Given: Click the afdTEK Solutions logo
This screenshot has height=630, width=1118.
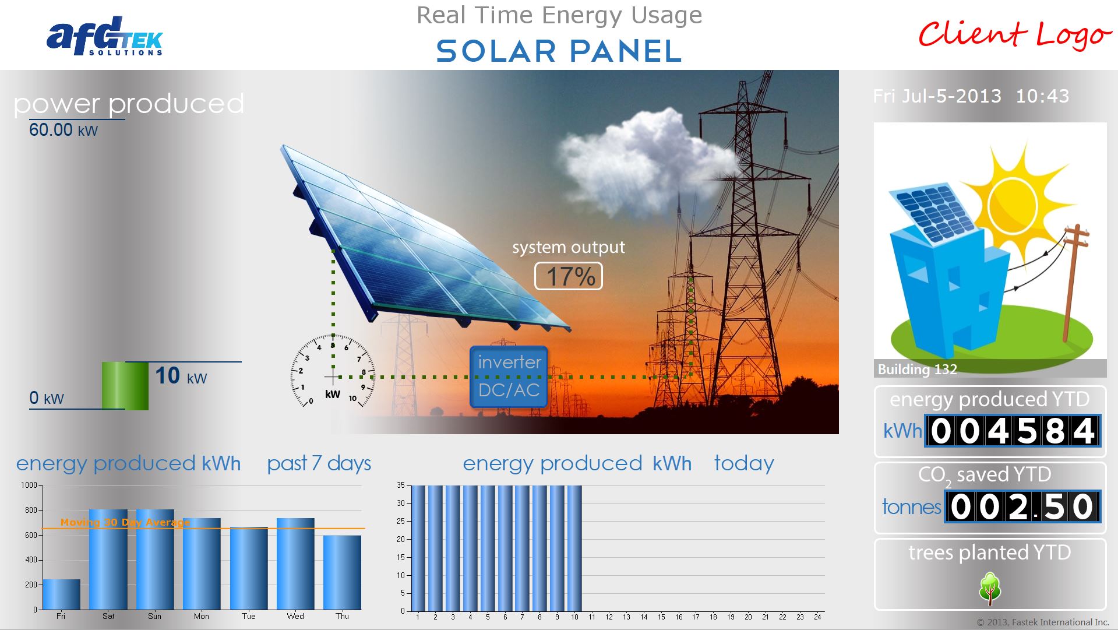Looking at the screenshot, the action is pos(105,37).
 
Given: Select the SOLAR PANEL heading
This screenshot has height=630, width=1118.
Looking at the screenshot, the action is pos(559,51).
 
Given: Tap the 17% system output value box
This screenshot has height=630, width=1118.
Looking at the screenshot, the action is pos(568,276).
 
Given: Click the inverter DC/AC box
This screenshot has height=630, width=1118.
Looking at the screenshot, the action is pos(509,376).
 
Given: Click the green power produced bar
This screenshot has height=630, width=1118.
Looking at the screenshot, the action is pos(125,385).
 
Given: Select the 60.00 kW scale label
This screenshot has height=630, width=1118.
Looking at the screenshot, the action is pos(64,130).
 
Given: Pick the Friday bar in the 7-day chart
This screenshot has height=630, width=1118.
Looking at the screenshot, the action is pos(61,594).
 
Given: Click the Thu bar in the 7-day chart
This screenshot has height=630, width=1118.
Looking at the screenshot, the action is pos(342,572).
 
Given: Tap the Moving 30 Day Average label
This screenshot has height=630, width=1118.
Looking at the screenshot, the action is pos(125,522).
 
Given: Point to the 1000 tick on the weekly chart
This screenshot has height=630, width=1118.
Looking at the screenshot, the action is pos(29,485).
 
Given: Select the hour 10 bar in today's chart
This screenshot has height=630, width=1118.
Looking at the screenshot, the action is pos(574,548).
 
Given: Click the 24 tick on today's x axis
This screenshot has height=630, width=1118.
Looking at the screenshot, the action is pos(817,617).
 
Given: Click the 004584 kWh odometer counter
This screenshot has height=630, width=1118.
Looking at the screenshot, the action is pos(1013,431).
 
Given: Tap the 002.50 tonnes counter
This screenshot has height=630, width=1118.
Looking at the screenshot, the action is pos(1022,506).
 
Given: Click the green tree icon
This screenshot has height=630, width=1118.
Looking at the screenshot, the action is pos(990,587).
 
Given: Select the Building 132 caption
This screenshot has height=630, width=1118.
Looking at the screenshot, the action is pos(917,369).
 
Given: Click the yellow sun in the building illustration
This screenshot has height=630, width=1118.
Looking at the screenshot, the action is pos(1013,205).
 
